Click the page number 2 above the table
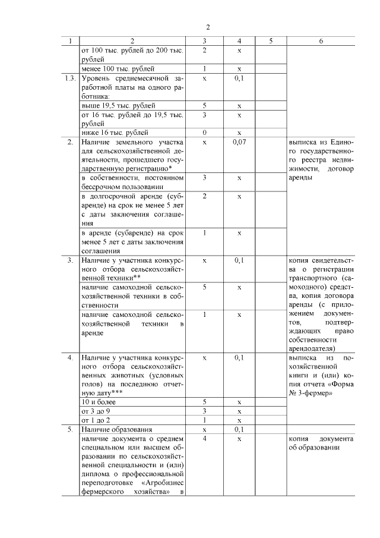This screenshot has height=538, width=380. coord(208,27)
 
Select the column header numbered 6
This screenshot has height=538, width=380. coord(321,41)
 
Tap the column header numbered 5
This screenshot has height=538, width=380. coord(270,41)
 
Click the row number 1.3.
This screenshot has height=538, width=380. coord(70,78)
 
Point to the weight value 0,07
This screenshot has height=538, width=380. coord(239,142)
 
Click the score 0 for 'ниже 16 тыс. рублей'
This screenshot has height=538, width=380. coord(204,133)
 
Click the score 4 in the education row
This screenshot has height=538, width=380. coord(204,438)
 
